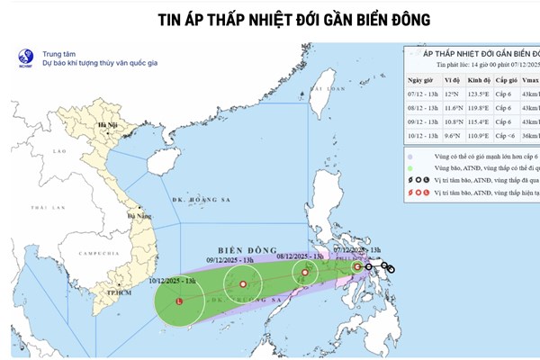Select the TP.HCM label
(114, 292)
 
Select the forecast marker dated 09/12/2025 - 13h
(242, 285)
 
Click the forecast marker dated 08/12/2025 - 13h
(306, 274)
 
